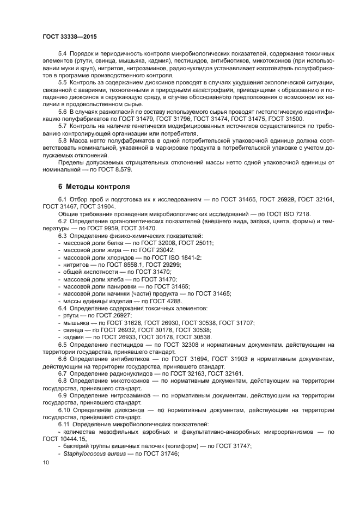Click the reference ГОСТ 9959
(x=88, y=229)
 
